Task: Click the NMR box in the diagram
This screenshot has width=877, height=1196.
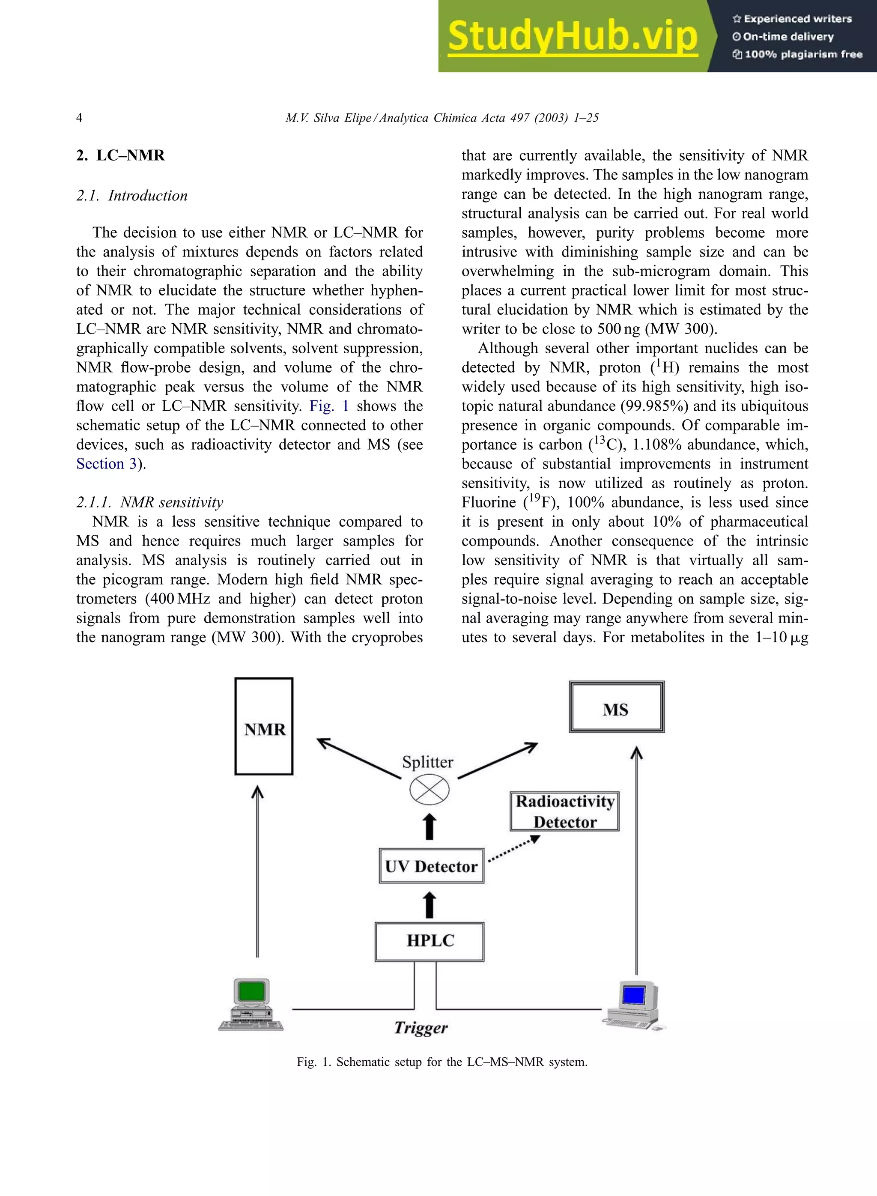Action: pos(264,726)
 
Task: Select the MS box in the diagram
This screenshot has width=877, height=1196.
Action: pos(616,707)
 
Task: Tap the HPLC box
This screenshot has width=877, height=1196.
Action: pos(430,942)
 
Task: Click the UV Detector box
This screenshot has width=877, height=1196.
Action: pos(431,866)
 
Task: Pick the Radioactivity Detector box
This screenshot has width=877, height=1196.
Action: pos(565,811)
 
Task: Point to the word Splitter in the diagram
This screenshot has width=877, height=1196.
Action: pos(427,762)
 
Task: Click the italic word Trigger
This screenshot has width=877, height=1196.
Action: pos(421,1028)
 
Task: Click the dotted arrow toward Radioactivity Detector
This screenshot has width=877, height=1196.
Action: pos(513,849)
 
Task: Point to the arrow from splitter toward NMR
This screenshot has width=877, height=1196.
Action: pos(358,758)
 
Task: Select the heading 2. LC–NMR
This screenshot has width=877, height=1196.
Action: pos(120,155)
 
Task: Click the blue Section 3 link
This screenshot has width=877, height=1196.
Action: pos(107,464)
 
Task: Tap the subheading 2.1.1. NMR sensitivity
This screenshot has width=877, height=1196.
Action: pos(150,502)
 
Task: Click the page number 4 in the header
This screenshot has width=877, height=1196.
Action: pos(79,118)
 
